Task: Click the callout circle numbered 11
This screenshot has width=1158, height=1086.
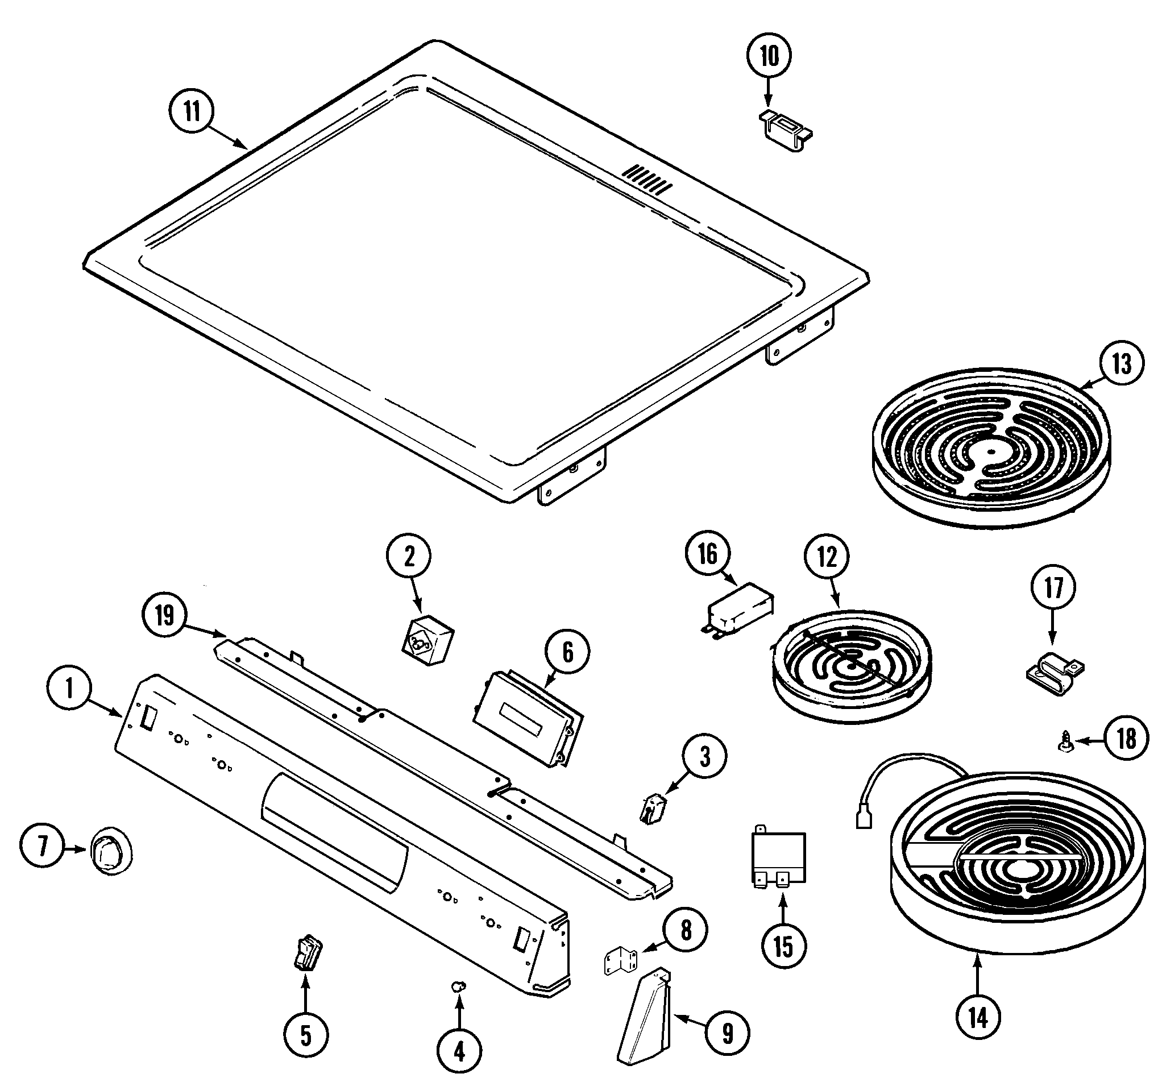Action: [192, 111]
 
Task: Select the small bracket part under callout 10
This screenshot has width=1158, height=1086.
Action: [786, 132]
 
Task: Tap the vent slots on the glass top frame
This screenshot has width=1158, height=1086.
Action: [646, 180]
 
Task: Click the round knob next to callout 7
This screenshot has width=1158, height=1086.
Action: [110, 853]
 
